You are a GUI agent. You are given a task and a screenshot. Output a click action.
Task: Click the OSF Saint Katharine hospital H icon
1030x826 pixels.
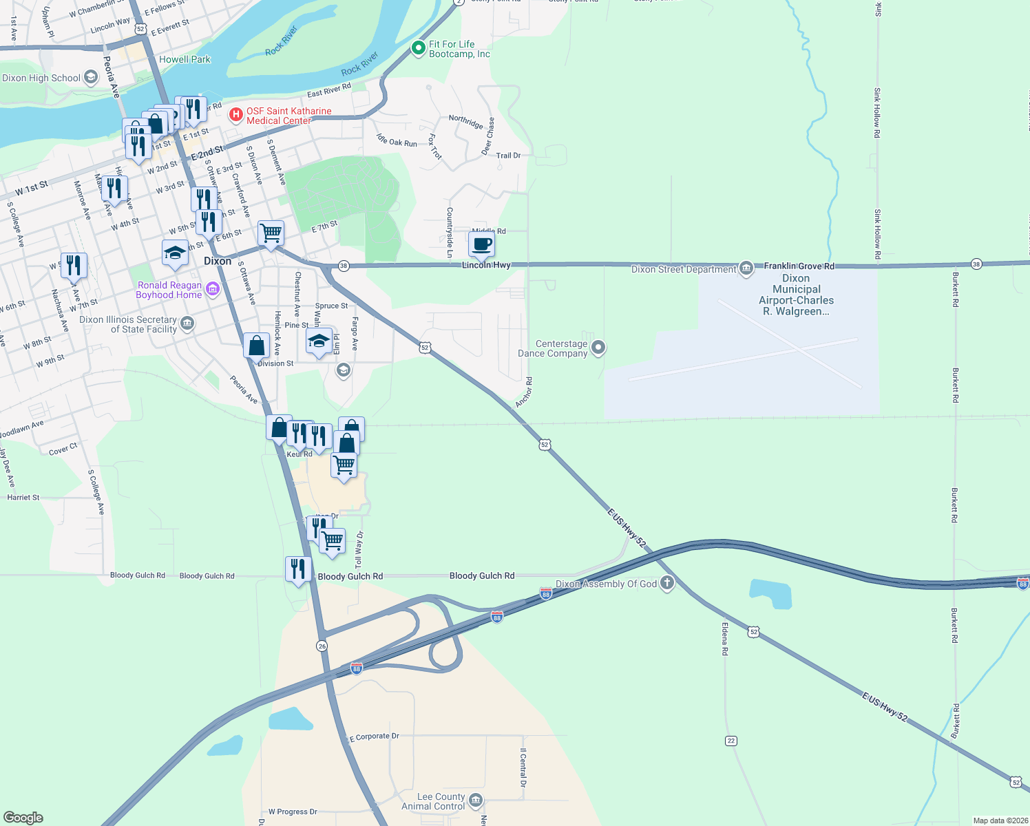point(235,114)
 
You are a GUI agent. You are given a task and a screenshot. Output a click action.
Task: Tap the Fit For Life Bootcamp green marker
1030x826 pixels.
point(417,48)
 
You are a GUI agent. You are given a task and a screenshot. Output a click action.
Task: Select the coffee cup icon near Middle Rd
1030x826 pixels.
point(482,244)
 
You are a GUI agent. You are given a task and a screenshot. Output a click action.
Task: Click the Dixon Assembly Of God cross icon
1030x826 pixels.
point(666,584)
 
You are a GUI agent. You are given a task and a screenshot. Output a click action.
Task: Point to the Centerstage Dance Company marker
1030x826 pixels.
point(598,348)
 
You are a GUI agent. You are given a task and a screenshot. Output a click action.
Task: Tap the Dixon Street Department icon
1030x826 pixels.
point(746,268)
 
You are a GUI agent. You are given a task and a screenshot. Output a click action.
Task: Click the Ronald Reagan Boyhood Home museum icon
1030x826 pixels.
point(213,289)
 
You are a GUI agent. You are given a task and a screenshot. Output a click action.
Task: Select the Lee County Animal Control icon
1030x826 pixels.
point(475,801)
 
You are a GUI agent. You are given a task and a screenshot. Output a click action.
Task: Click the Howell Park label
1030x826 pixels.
point(185,59)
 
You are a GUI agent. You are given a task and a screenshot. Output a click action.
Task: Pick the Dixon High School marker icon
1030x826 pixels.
point(91,78)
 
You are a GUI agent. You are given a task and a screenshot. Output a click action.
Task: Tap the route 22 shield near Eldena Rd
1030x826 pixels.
point(731,741)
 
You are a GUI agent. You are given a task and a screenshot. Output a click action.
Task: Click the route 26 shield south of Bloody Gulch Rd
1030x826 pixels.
point(322,646)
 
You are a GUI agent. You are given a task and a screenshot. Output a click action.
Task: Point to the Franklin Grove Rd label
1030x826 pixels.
point(799,266)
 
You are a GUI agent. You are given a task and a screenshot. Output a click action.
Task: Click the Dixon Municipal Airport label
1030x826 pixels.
point(796,295)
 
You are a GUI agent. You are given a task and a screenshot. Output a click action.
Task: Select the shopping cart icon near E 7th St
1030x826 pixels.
point(271,233)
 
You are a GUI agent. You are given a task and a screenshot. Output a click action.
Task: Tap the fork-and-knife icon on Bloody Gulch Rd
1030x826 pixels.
point(297,569)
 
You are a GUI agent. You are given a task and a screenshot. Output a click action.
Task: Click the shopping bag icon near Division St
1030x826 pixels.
point(256,345)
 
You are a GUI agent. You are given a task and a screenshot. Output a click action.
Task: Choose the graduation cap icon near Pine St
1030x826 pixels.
point(319,340)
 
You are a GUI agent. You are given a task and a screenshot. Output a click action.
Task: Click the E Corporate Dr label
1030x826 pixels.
point(375,737)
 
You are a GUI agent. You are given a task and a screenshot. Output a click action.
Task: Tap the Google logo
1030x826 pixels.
point(23,817)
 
